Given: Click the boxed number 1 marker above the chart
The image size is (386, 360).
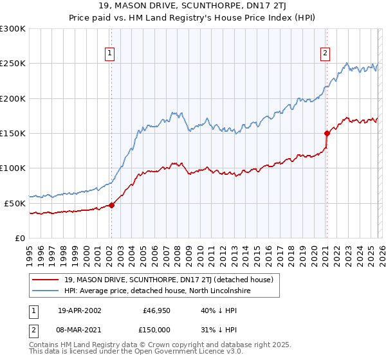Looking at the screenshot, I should [111, 53].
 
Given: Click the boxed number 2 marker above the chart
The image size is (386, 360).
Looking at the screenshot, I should [326, 53].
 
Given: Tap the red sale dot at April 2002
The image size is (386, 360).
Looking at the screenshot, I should [111, 205].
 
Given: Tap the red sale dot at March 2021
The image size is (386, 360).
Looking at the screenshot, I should [326, 134].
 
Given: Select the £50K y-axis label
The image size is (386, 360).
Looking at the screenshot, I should [15, 203].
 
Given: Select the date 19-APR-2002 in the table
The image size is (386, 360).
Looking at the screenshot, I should [79, 310].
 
